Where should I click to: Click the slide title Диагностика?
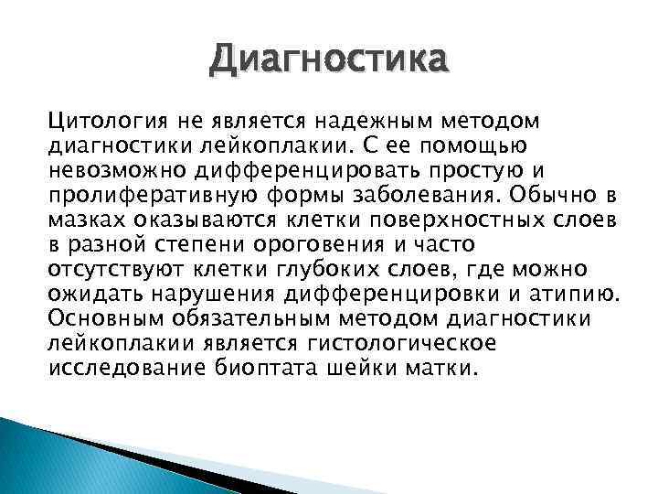pos(329,61)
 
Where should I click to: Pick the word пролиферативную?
pos(125,195)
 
